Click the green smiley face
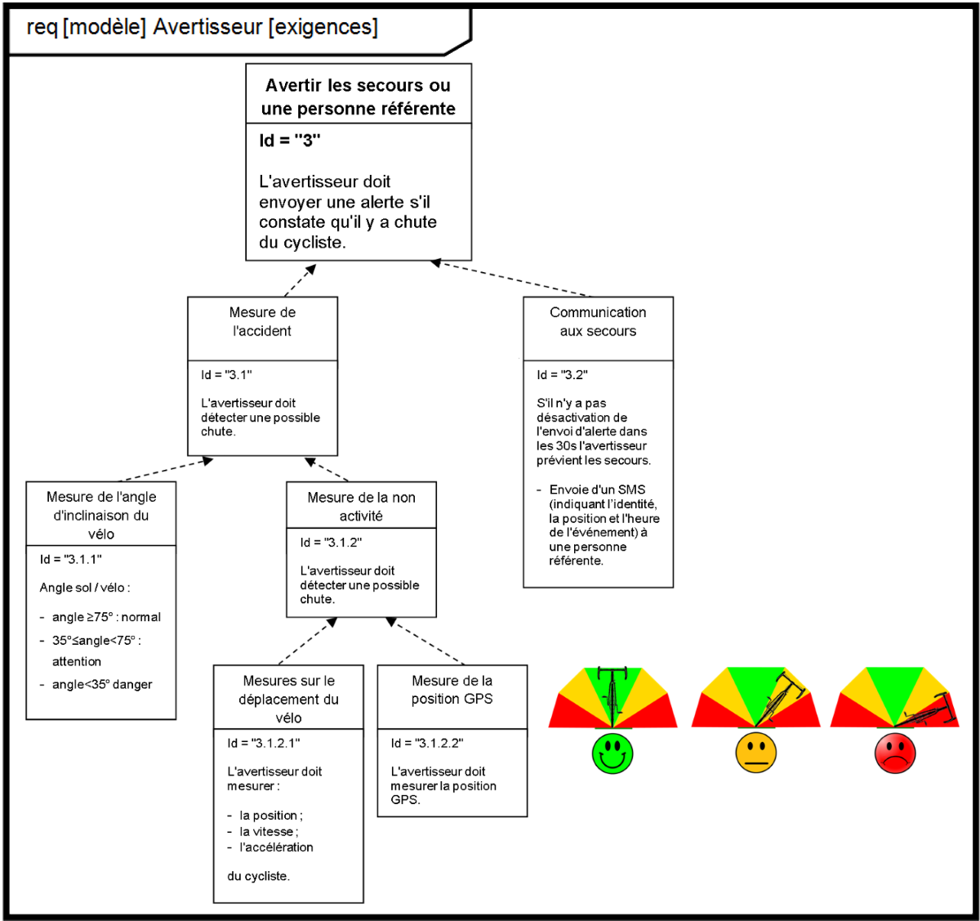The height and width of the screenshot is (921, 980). (x=612, y=753)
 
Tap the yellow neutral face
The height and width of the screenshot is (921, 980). (x=755, y=753)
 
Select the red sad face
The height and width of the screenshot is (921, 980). (x=895, y=753)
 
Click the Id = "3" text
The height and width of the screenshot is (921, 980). (x=290, y=141)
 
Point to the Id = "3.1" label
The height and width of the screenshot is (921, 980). (x=226, y=375)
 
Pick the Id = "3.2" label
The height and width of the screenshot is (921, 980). (x=562, y=375)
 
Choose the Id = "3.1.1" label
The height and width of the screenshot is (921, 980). (x=70, y=560)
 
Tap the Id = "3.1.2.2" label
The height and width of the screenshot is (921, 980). (x=426, y=743)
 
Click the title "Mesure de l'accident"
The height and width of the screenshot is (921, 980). (x=262, y=322)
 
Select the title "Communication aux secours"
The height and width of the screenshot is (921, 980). (x=598, y=322)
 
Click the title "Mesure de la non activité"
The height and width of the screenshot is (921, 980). (x=361, y=507)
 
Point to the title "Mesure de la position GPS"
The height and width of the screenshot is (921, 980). (x=452, y=690)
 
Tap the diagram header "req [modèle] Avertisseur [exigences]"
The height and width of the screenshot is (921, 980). (x=203, y=28)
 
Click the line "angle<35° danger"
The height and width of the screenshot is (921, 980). (x=102, y=685)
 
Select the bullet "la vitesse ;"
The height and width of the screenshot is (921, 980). (x=269, y=832)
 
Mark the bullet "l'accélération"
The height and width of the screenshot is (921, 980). (x=276, y=847)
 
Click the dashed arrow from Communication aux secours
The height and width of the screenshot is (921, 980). (x=510, y=279)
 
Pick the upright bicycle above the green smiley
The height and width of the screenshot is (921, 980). (x=612, y=696)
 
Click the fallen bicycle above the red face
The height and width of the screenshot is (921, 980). (x=927, y=713)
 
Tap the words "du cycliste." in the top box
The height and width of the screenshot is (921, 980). (x=302, y=243)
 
